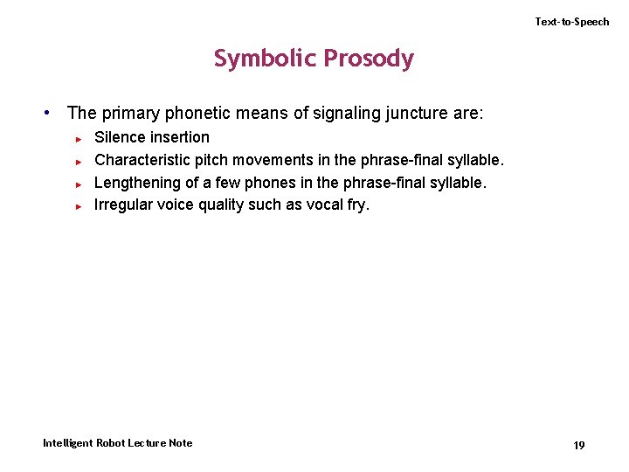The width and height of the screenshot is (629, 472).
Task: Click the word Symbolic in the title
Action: [266, 59]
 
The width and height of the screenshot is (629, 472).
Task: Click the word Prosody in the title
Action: [369, 59]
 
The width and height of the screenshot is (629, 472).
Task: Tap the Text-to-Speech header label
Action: [572, 22]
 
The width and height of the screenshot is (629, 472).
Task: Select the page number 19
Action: [578, 445]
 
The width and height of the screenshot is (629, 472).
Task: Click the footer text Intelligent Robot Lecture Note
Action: [118, 443]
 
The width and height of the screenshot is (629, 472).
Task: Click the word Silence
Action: [121, 137]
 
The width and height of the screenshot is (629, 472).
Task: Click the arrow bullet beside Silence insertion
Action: [78, 138]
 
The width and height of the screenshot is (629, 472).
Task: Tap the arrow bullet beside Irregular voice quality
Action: [78, 206]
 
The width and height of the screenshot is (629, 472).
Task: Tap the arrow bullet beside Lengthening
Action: [78, 184]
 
